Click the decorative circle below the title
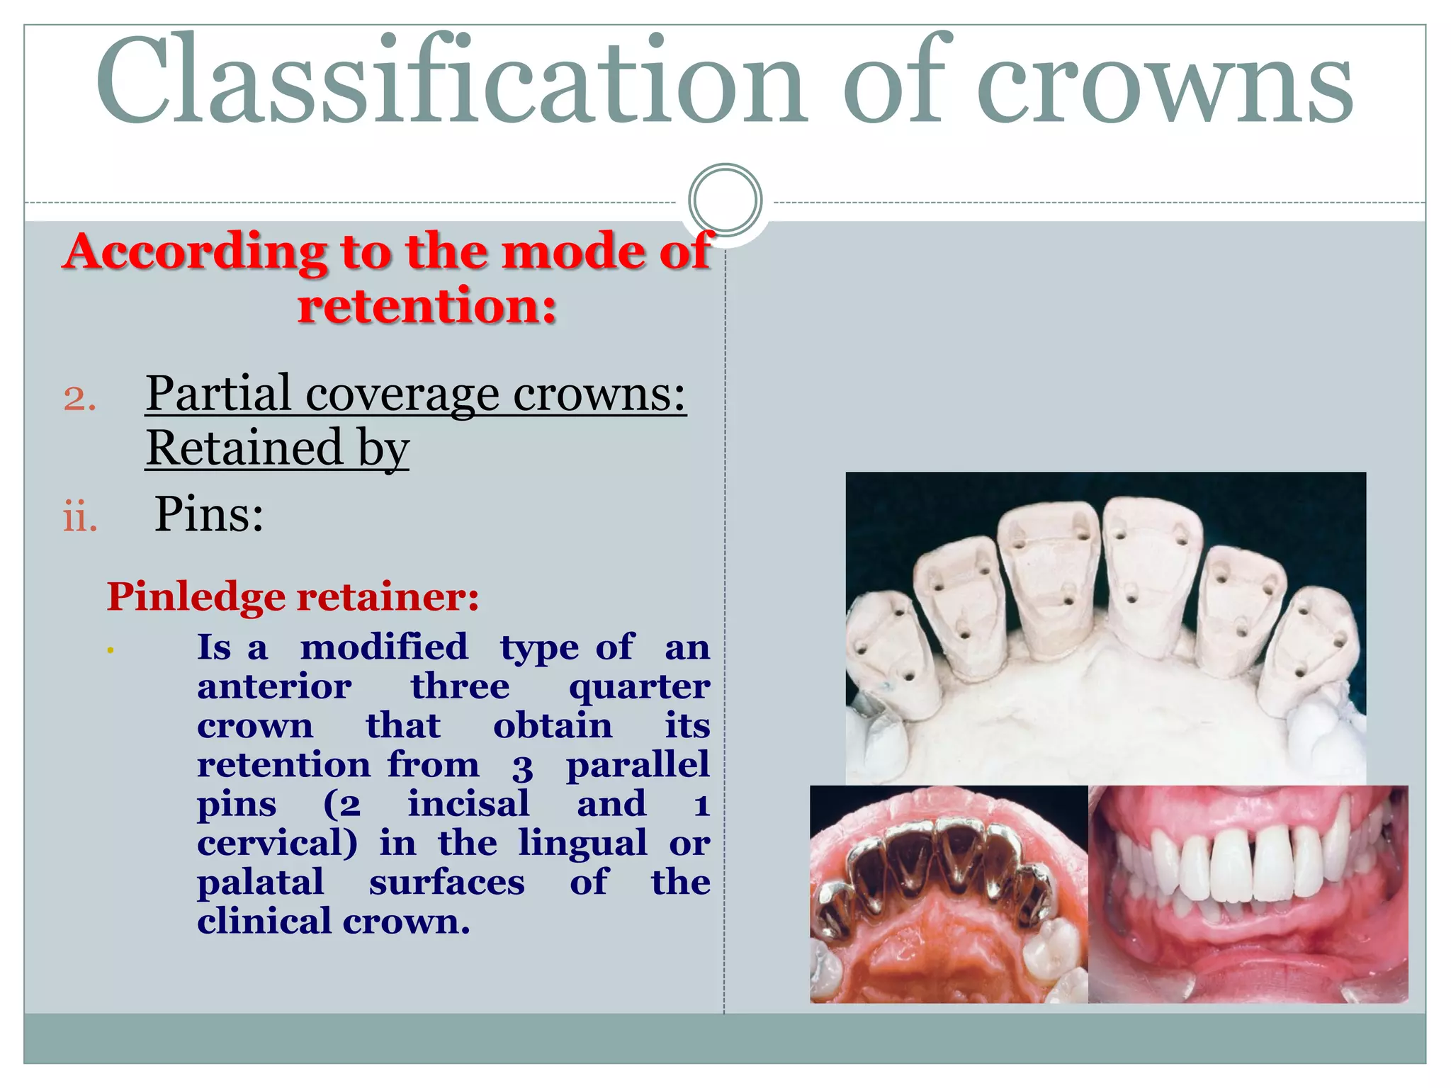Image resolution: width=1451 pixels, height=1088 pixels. click(x=725, y=200)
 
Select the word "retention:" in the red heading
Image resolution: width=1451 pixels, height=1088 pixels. click(x=427, y=306)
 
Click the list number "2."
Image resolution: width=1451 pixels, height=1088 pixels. click(x=79, y=398)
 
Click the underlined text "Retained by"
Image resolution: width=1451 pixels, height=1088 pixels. click(x=278, y=448)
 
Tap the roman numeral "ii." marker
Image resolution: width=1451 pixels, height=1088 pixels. click(x=80, y=517)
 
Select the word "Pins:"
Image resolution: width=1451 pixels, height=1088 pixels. click(x=209, y=514)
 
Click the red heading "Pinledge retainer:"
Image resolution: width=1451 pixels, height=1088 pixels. click(x=293, y=596)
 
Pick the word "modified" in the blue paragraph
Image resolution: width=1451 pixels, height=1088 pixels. click(x=384, y=647)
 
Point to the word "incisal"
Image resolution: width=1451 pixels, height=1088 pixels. click(x=468, y=804)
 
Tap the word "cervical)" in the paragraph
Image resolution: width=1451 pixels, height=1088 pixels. click(x=277, y=843)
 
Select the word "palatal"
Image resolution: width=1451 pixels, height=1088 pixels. click(x=260, y=883)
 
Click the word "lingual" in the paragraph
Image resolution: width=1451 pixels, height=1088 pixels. click(x=582, y=843)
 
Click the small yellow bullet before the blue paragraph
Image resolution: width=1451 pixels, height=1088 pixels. click(x=111, y=650)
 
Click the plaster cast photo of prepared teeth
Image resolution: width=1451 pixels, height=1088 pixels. click(x=1105, y=627)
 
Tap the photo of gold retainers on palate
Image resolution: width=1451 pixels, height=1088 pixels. click(x=949, y=894)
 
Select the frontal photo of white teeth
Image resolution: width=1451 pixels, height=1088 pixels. click(x=1248, y=894)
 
